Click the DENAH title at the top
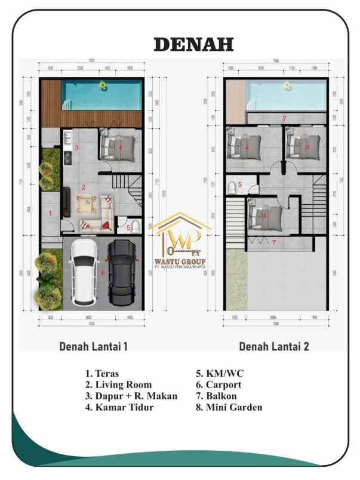coord(193,44)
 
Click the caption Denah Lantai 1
coord(93,346)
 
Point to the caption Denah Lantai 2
coord(274,346)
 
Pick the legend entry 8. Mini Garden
coord(229,408)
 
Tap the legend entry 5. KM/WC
coord(219,374)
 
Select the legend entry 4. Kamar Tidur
coord(119,408)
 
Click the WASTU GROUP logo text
coord(179,262)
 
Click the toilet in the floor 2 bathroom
coord(232,189)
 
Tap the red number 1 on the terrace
coord(50,213)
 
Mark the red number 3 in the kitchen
coord(76,147)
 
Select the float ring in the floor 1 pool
coord(101,87)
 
